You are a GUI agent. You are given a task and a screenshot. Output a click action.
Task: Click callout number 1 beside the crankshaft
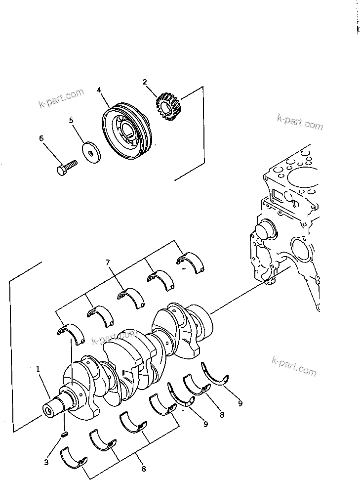(38, 368)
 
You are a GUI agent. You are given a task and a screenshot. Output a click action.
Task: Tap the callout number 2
(145, 82)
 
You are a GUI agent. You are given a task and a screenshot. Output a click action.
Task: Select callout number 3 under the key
(46, 462)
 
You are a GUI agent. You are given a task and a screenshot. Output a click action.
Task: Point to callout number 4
(99, 90)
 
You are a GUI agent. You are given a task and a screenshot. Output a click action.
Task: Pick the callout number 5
(71, 120)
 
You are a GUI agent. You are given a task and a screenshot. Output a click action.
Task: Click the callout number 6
(41, 139)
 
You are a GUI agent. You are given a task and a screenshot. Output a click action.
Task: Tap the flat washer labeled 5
(92, 151)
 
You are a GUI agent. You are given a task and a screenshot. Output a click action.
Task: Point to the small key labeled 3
(64, 435)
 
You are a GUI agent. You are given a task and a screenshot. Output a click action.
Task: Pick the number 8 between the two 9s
(222, 415)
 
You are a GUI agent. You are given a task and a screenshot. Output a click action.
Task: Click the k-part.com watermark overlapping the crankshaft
(114, 337)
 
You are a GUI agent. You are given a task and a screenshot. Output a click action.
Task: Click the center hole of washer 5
(92, 152)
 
